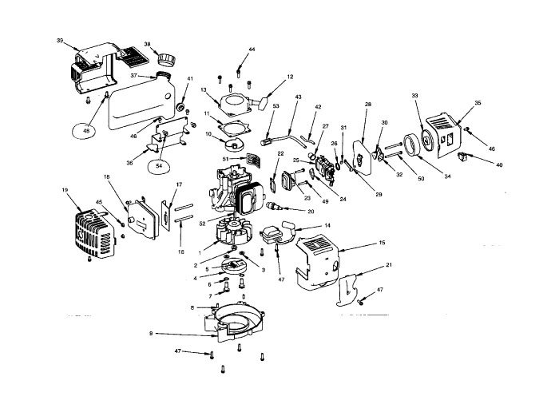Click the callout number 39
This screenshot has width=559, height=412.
(x=60, y=39)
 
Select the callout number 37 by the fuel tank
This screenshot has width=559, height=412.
(x=135, y=77)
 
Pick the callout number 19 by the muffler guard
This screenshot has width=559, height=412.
(x=65, y=190)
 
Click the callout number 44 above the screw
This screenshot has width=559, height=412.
(x=252, y=50)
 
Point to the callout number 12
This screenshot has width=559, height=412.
(x=290, y=77)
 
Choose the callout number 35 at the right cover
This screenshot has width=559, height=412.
(x=478, y=103)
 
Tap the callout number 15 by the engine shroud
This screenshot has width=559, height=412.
(x=382, y=242)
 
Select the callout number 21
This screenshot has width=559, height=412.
(x=388, y=264)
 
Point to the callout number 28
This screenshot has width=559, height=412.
(x=368, y=105)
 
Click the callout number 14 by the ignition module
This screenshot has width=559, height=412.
(x=327, y=227)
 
